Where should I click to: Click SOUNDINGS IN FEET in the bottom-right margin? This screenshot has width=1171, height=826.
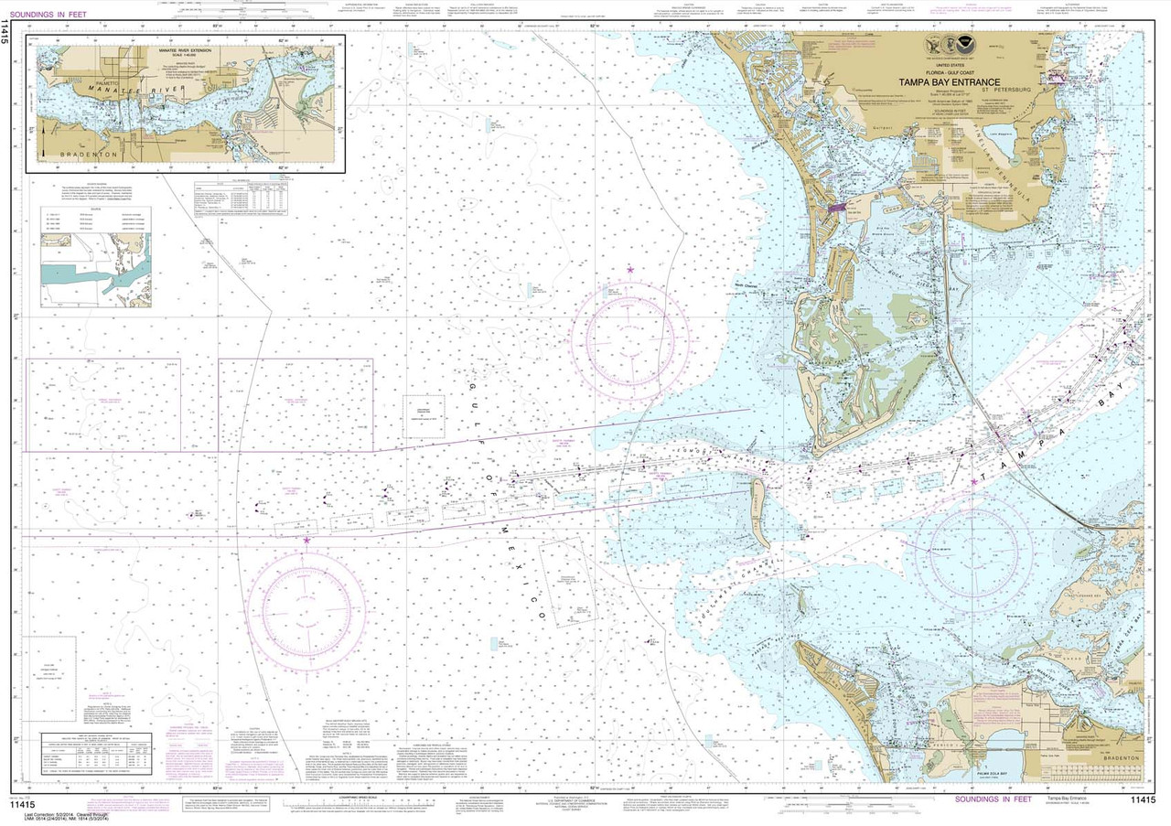click(x=993, y=799)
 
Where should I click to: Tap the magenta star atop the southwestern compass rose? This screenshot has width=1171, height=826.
click(x=306, y=541)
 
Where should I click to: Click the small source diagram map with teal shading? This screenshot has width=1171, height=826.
click(x=95, y=269)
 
